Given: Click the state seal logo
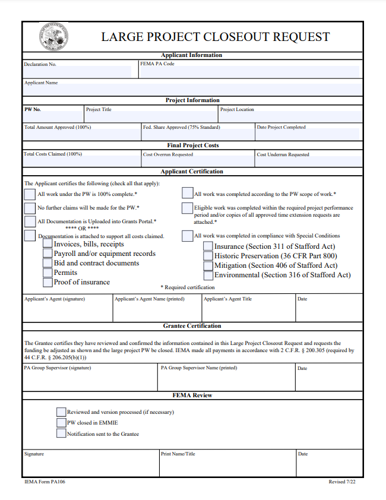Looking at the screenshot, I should tap(54, 36).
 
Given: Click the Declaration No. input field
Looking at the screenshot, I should tap(77, 72).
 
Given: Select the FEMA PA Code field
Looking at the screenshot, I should tap(249, 72).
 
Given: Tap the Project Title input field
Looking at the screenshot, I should tap(151, 116).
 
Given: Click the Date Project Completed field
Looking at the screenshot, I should tap(308, 135).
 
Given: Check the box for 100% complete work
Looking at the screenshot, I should tap(30, 194).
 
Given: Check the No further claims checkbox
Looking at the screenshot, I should tap(30, 208).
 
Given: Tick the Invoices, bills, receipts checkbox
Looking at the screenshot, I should tap(48, 245).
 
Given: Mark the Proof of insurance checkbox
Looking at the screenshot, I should tap(48, 282).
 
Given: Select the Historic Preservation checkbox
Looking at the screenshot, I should tap(208, 256).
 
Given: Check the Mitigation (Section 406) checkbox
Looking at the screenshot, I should tap(208, 265).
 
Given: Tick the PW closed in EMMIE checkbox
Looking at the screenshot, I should tap(61, 423).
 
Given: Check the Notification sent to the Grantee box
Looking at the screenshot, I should tap(61, 433).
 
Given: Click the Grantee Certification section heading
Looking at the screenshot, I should tap(192, 326).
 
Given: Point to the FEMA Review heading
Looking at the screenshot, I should tap(192, 395).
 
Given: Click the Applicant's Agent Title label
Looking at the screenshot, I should tap(227, 299).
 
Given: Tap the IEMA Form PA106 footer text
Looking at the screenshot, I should tap(45, 482).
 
